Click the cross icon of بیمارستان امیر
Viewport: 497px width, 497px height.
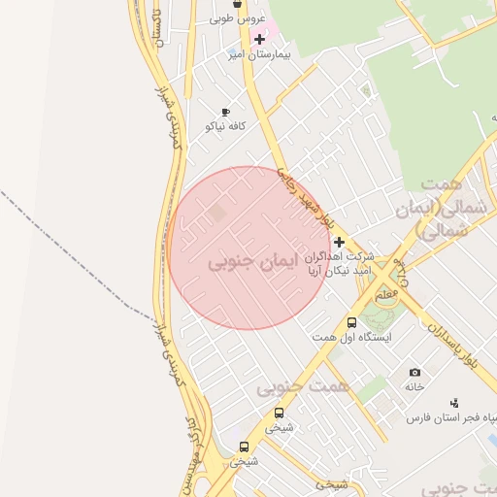coord(259,40)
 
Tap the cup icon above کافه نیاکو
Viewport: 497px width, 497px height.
coord(226,113)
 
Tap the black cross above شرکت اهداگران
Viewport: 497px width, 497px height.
coord(339,242)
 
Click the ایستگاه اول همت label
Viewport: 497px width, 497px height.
coord(351,337)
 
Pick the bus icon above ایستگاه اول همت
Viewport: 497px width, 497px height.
coord(351,322)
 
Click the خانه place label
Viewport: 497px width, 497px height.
coord(415,386)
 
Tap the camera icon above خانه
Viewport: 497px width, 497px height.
coord(415,373)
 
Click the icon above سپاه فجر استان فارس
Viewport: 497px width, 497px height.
coord(453,403)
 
